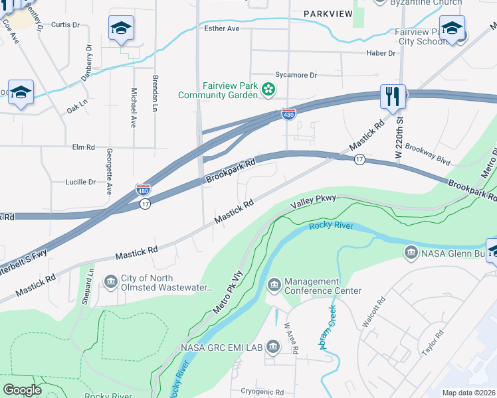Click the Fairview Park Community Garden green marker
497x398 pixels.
point(268,89)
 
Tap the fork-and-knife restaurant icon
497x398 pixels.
point(393,96)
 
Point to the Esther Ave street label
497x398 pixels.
point(223,29)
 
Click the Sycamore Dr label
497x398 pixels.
point(296,76)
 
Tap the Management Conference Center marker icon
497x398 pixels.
point(274,285)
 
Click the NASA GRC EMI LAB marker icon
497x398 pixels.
point(273,347)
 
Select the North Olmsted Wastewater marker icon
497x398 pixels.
point(110,284)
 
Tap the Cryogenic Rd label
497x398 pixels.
point(262,392)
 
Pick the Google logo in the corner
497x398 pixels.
point(22,390)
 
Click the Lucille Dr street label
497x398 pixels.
point(80,182)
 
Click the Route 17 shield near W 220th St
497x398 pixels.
point(359,159)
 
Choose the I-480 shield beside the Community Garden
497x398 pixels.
point(288,115)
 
